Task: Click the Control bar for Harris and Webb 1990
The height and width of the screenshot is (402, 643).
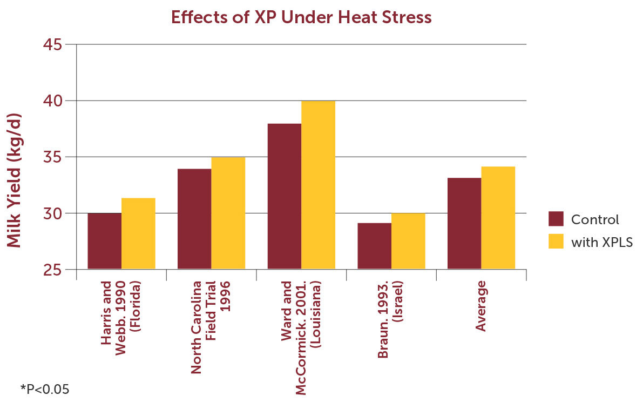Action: point(104,241)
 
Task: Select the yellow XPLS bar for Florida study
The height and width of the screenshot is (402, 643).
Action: point(138,233)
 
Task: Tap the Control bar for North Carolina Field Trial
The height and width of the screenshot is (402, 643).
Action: point(194,219)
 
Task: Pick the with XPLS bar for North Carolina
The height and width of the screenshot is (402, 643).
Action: point(228,213)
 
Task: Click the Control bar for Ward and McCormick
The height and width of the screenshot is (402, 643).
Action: point(284,196)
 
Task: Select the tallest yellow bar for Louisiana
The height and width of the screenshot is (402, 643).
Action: point(318,185)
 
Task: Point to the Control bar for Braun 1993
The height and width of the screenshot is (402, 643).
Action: point(374,246)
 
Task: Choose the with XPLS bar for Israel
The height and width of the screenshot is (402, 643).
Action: point(408,241)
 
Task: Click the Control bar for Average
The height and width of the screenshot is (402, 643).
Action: point(464,223)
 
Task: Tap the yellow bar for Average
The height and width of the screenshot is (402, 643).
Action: point(498,218)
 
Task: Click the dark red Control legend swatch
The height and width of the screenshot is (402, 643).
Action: point(556,219)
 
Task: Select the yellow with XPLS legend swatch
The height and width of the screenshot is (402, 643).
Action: point(556,242)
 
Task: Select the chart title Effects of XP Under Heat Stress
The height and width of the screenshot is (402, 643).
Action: point(301,17)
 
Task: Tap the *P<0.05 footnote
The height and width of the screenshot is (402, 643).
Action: point(45,388)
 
